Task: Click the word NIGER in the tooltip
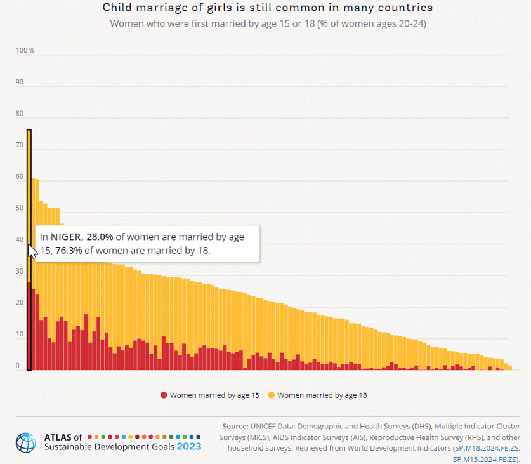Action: coord(65,237)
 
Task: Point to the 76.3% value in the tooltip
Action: coord(69,251)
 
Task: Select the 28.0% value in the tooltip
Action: coord(100,237)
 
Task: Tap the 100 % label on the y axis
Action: coord(25,50)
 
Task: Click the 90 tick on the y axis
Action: coord(20,82)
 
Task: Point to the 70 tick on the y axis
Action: coord(20,145)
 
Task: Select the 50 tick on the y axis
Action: coord(20,208)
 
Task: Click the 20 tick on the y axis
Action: coord(20,303)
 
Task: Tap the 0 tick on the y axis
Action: coord(18,366)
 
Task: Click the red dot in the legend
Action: coord(164,395)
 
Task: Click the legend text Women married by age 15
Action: coord(214,395)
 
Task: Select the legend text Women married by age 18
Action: coord(322,395)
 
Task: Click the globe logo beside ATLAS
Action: coord(27,442)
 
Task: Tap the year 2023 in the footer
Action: coord(188,446)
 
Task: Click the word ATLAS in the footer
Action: coord(58,437)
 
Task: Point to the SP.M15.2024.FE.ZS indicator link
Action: coord(485,458)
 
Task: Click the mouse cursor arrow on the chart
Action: coord(31,250)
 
